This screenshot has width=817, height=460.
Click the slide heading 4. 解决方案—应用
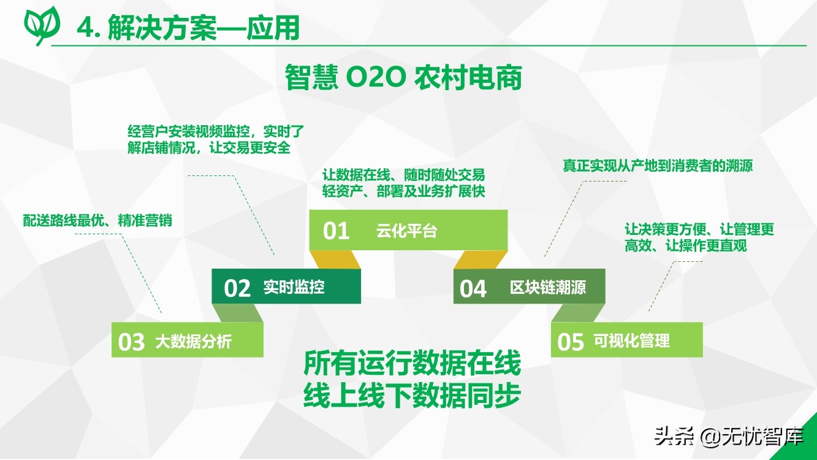(x=188, y=28)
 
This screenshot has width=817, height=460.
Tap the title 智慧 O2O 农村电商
(x=403, y=77)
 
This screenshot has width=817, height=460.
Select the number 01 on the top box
(x=336, y=231)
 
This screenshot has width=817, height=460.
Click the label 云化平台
(x=407, y=231)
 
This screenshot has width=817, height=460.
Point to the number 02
(x=237, y=288)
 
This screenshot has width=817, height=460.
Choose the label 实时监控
(x=294, y=287)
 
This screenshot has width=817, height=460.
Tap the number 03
(x=131, y=342)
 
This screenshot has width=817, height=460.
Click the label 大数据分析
(x=193, y=342)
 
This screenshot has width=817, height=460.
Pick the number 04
(x=473, y=288)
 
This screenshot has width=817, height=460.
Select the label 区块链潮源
(x=548, y=287)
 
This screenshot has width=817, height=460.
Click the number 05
(x=571, y=342)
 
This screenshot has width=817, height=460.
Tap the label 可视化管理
(x=632, y=340)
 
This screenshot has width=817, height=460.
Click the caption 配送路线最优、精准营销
(x=97, y=221)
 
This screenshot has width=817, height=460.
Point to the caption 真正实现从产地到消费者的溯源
(x=658, y=166)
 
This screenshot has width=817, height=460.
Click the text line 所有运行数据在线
(x=412, y=363)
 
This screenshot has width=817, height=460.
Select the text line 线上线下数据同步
(x=412, y=395)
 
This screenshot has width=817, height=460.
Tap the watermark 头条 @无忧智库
(x=729, y=436)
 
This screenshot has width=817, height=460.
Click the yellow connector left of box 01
(x=335, y=259)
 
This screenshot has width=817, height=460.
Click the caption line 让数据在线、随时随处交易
(x=403, y=175)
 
